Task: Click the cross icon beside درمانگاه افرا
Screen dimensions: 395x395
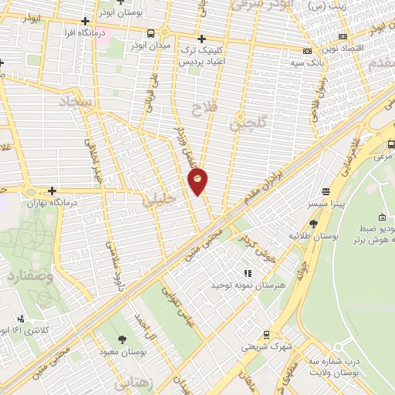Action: pos(85,21)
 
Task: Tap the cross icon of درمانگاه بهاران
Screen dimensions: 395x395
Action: pos(52,191)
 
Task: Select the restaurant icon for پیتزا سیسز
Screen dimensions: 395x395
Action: pos(326,191)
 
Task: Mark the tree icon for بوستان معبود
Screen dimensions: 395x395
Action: pos(121,339)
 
